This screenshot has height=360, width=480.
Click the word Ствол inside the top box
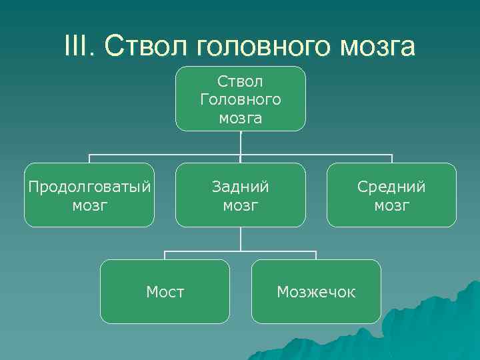click(240, 81)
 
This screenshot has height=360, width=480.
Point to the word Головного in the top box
click(240, 100)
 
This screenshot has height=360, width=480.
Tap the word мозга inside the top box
click(240, 119)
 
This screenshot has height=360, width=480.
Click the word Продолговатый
click(89, 186)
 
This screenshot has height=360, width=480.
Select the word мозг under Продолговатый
click(89, 205)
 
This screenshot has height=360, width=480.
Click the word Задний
click(240, 186)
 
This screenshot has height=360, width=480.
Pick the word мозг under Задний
click(240, 205)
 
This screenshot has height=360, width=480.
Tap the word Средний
click(391, 186)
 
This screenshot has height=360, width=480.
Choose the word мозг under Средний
click(391, 205)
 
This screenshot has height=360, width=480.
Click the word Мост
click(165, 291)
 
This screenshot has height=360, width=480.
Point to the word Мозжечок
click(316, 291)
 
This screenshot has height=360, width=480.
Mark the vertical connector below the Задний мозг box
click(241, 239)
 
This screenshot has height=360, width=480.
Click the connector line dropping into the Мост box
click(165, 255)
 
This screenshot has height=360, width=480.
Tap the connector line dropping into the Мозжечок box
click(316, 255)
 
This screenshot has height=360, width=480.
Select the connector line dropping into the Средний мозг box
click(392, 159)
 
